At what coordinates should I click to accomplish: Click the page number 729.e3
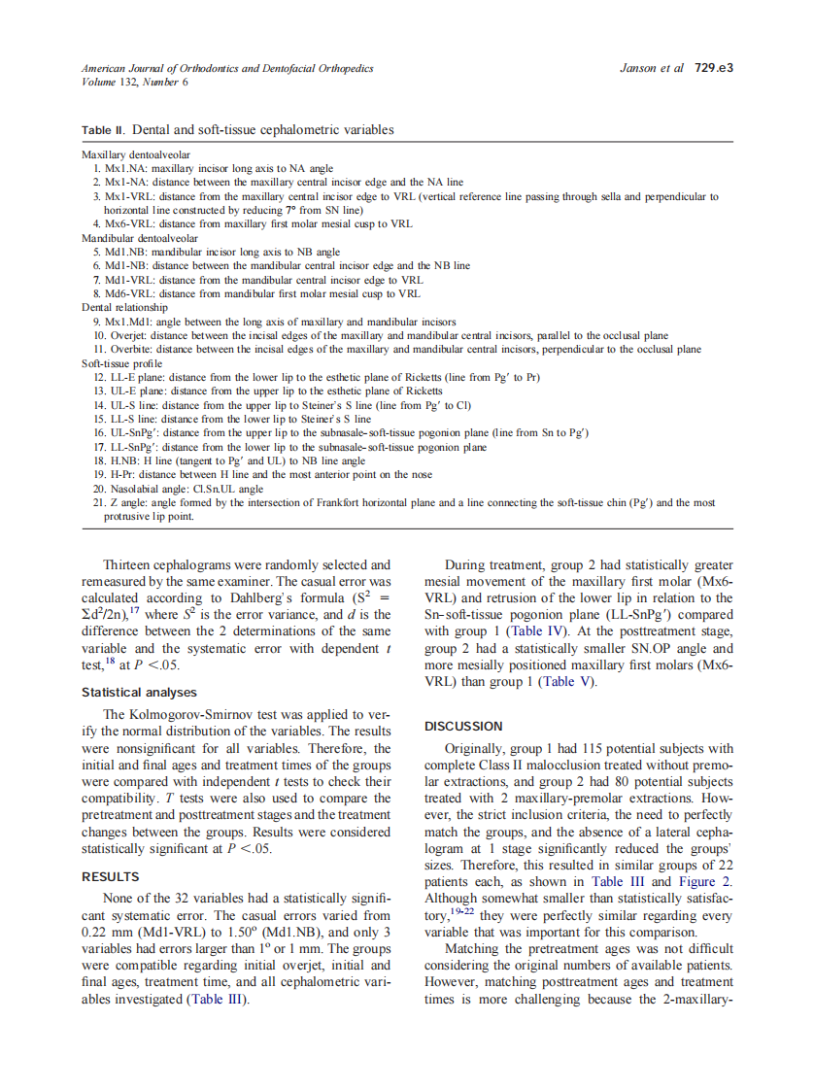(x=713, y=68)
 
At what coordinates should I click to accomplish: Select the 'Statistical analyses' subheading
(x=139, y=693)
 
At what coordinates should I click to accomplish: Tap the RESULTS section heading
(x=112, y=877)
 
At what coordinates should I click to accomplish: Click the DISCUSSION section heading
(x=464, y=726)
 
